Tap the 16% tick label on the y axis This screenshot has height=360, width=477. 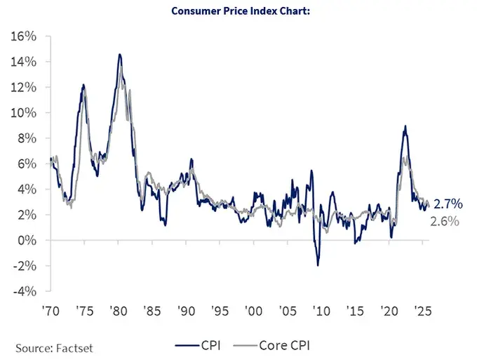pyautogui.click(x=25, y=36)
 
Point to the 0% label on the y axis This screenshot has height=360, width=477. pyautogui.click(x=28, y=241)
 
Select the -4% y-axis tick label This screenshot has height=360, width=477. pyautogui.click(x=26, y=291)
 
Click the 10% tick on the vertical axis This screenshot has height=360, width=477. pyautogui.click(x=25, y=113)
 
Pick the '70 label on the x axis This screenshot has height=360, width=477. pyautogui.click(x=50, y=309)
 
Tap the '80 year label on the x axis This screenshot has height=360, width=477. pyautogui.click(x=117, y=309)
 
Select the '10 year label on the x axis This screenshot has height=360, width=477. pyautogui.click(x=321, y=309)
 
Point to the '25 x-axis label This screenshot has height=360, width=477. pyautogui.click(x=423, y=309)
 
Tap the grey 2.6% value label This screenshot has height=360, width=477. pyautogui.click(x=445, y=221)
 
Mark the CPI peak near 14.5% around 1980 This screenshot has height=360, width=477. pyautogui.click(x=120, y=55)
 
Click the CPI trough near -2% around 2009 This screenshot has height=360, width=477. pyautogui.click(x=318, y=265)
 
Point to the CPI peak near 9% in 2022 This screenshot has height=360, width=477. pyautogui.click(x=405, y=126)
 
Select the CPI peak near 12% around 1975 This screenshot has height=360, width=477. pyautogui.click(x=83, y=85)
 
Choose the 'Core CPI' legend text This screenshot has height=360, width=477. pyautogui.click(x=285, y=345)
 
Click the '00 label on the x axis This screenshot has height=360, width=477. pyautogui.click(x=253, y=309)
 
